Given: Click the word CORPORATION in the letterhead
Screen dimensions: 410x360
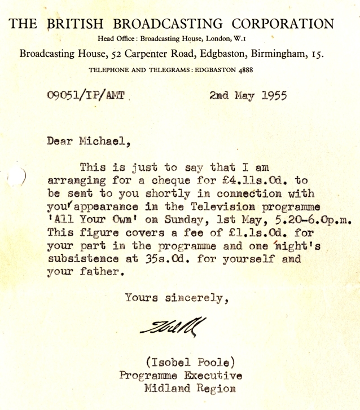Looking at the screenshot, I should point(286,24).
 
